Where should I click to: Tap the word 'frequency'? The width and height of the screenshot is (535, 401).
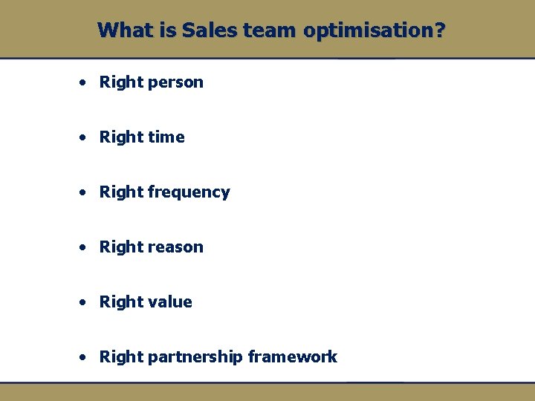(189, 192)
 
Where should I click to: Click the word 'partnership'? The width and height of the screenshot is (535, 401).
(195, 357)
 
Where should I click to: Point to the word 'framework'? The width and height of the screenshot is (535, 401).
(293, 357)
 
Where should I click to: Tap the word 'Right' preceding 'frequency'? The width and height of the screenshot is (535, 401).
(121, 192)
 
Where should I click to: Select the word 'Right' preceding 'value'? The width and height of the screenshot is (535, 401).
(121, 302)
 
